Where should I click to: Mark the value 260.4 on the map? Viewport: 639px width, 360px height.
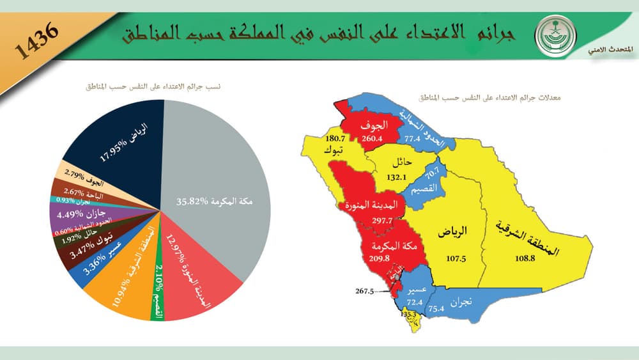(x=371, y=138)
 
